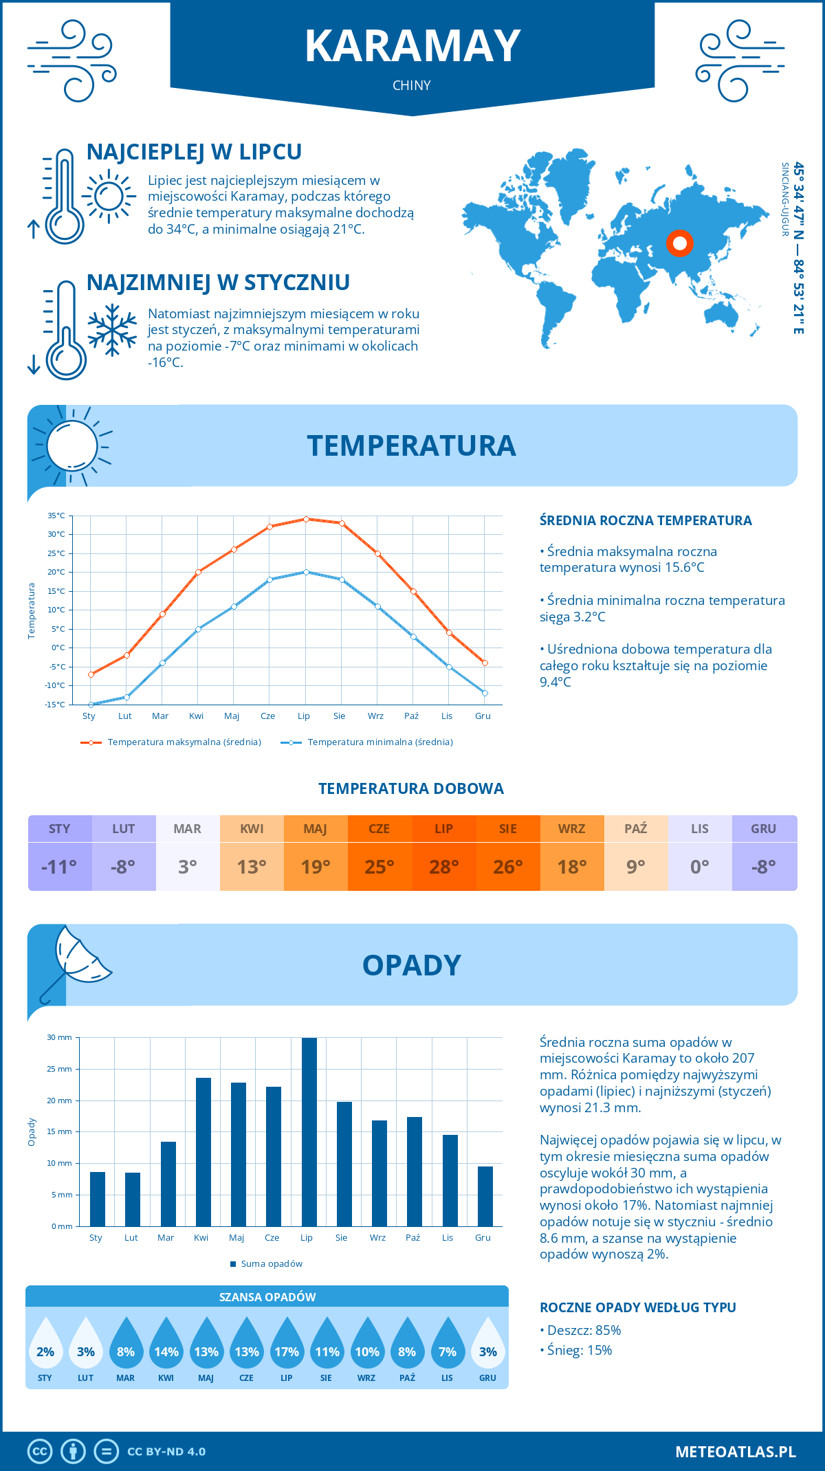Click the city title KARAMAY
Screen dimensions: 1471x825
412,47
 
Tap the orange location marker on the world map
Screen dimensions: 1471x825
680,243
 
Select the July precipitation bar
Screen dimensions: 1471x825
309,1131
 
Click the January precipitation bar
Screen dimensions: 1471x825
98,1199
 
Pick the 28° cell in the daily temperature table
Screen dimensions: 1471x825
443,867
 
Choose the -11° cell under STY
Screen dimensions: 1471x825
60,867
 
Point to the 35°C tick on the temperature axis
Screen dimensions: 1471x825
56,516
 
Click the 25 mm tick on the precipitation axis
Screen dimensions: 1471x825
59,1069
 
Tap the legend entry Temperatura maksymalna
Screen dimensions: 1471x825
171,742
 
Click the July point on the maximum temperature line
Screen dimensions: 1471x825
306,519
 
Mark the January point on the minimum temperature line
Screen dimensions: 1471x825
91,705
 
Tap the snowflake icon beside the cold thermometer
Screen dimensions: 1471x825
112,330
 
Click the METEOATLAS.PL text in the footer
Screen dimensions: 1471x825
736,1452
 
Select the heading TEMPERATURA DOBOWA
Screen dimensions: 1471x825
411,788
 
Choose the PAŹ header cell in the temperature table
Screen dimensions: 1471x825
635,828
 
